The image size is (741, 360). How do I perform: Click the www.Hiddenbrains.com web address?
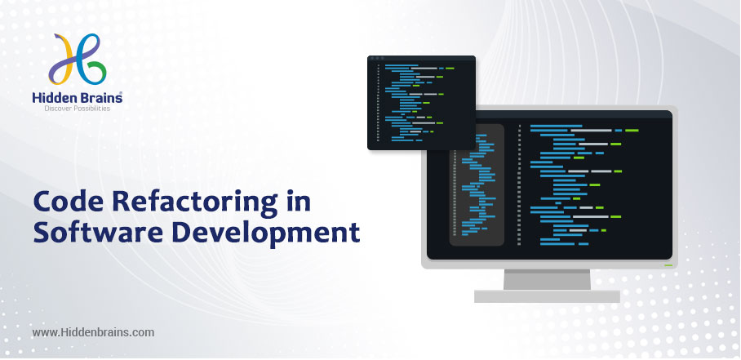coord(93,332)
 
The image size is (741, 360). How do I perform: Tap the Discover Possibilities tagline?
coord(77,109)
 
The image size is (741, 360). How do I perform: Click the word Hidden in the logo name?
coord(52,97)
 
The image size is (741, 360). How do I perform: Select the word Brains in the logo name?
coord(100,97)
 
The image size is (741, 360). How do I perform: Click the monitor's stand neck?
coord(547,279)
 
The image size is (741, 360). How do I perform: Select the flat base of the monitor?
coord(547,296)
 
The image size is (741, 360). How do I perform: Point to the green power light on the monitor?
coord(668,265)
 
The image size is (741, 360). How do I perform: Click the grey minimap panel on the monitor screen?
coord(477,184)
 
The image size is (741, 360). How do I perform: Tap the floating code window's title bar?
coord(422,58)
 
